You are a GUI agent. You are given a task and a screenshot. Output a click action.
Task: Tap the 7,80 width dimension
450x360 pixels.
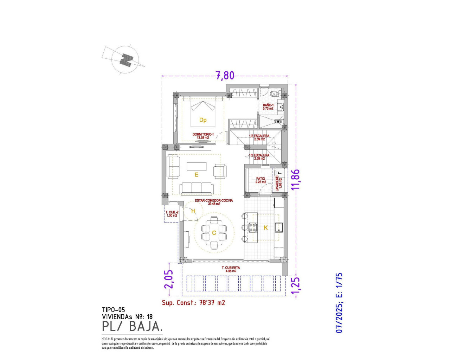[x=225, y=76]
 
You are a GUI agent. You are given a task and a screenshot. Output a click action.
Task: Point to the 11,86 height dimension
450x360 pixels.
[x=296, y=179]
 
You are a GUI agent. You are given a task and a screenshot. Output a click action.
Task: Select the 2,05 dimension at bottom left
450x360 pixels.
[x=169, y=279]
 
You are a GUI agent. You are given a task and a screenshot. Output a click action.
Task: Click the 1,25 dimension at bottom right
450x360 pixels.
[x=296, y=286]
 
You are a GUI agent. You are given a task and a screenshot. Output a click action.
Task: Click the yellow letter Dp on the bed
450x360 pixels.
[x=203, y=120]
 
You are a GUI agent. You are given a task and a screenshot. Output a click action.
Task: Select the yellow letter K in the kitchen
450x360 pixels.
[x=266, y=228]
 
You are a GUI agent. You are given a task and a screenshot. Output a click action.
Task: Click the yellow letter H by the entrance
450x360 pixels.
[x=193, y=211]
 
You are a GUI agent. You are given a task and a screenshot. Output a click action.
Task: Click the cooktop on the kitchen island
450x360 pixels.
[x=252, y=227]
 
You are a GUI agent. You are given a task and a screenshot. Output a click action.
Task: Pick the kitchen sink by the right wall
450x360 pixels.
[x=279, y=227]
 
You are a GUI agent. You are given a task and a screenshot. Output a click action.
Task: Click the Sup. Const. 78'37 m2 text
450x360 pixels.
[x=193, y=303]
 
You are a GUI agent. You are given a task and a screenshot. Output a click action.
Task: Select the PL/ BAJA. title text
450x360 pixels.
[x=132, y=327]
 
